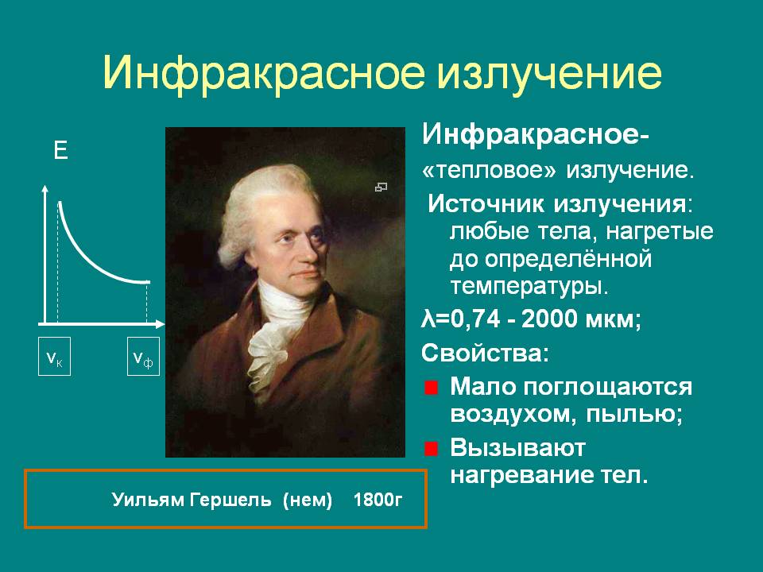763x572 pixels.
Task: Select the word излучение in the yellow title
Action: tap(550, 73)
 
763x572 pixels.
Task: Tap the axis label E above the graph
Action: tap(60, 151)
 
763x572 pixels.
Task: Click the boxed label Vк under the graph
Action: tap(55, 357)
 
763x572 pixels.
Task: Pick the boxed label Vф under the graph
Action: tap(144, 357)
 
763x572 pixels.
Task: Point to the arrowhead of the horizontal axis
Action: tap(160, 324)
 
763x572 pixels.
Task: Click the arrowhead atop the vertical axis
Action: tap(45, 190)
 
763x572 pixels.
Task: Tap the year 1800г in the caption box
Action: tap(378, 500)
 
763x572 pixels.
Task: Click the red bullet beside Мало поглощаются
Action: tap(431, 388)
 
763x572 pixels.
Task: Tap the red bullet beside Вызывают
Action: tap(431, 448)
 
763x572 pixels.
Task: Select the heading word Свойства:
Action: tap(485, 353)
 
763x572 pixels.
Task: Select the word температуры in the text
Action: tap(529, 287)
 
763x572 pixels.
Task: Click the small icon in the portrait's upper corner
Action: tap(381, 187)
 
